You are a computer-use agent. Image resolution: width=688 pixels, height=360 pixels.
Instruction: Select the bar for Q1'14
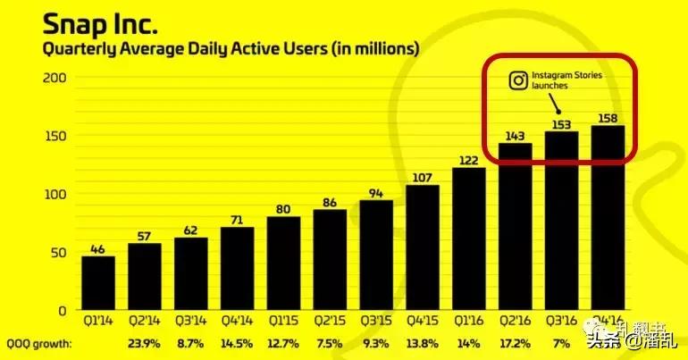(x=98, y=283)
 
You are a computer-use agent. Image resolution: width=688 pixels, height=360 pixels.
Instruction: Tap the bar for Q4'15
(x=423, y=247)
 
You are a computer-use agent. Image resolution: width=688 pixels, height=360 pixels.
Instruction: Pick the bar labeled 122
(x=469, y=239)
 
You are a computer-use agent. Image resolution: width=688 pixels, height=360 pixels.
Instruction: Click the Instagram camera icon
(x=518, y=81)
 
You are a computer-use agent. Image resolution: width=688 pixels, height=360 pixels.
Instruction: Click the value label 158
(x=608, y=117)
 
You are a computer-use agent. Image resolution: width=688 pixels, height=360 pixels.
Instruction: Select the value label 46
(x=98, y=249)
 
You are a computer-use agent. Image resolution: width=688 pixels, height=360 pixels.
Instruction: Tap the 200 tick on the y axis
(x=55, y=78)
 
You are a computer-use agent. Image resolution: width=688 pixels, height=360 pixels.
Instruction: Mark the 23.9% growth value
(x=145, y=343)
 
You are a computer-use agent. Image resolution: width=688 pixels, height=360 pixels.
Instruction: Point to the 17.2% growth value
(x=516, y=343)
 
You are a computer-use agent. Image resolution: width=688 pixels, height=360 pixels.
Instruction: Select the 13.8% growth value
(x=423, y=343)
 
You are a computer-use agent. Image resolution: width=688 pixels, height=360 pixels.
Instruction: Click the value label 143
(x=516, y=135)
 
